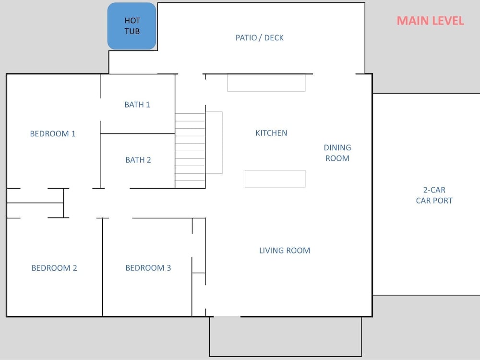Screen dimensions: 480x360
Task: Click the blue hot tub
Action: [132, 26]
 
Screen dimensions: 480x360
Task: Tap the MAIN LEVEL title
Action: [431, 21]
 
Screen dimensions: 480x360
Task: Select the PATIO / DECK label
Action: [260, 37]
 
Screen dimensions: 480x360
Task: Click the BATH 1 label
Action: [137, 105]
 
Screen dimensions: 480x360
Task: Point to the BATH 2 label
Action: [138, 160]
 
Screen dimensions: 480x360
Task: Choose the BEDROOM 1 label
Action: [53, 134]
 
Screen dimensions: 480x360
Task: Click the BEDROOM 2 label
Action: [54, 268]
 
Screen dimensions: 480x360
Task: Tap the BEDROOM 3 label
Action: [148, 268]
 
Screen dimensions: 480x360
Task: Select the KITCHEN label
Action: [271, 133]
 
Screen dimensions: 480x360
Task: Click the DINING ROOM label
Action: [337, 153]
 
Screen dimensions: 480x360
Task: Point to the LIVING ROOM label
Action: [285, 251]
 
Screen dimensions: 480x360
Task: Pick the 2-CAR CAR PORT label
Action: [434, 195]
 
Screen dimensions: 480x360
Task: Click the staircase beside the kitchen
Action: [190, 151]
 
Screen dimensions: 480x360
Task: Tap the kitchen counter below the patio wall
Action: [266, 83]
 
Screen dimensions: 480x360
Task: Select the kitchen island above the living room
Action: [275, 179]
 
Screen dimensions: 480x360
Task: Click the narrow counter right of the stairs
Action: [214, 143]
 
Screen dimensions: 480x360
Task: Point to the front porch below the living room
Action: [286, 336]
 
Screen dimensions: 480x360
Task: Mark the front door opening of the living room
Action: [227, 316]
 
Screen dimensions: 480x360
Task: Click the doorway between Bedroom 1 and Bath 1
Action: [100, 109]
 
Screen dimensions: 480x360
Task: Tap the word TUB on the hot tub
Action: [132, 31]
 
